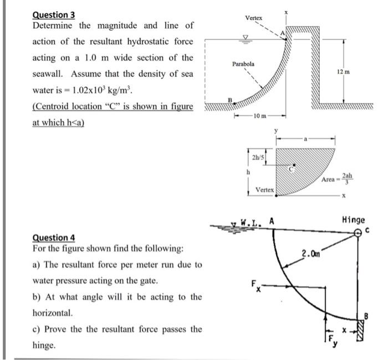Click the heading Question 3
[54, 15]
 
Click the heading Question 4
[54, 238]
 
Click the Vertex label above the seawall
[253, 18]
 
